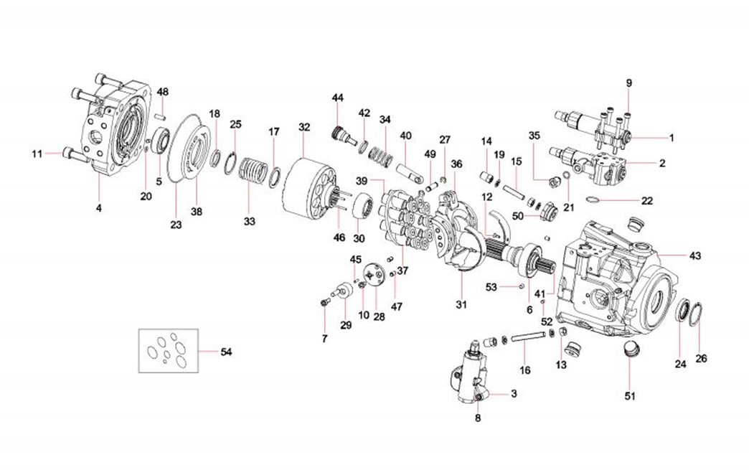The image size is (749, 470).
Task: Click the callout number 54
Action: (227, 352)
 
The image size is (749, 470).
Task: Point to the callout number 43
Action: (695, 256)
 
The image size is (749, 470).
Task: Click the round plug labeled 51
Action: (629, 351)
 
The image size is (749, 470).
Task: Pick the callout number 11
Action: (37, 153)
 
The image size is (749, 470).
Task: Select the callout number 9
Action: (629, 83)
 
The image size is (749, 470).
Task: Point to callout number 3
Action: (514, 393)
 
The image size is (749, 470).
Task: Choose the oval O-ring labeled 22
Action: (600, 200)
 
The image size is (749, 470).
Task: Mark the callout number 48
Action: (163, 92)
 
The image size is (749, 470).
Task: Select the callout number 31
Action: (461, 305)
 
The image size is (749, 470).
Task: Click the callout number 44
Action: (337, 98)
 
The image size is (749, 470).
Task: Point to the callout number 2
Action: (662, 163)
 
